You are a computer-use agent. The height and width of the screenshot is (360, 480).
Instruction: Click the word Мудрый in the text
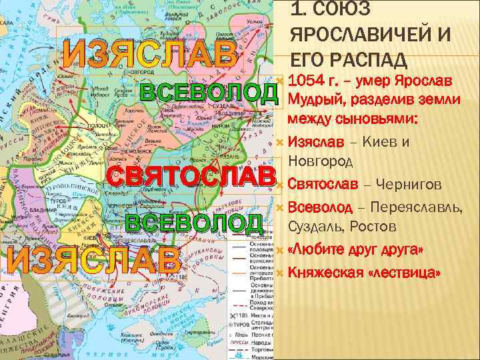pos(313,101)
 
